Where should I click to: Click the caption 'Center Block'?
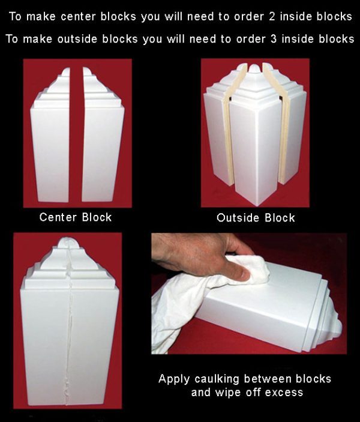click(x=76, y=217)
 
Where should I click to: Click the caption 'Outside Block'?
click(x=256, y=217)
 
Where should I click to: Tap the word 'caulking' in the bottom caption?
click(x=226, y=379)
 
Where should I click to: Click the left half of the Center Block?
click(x=55, y=144)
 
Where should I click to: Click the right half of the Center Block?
click(x=103, y=144)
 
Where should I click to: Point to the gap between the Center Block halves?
click(x=79, y=150)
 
